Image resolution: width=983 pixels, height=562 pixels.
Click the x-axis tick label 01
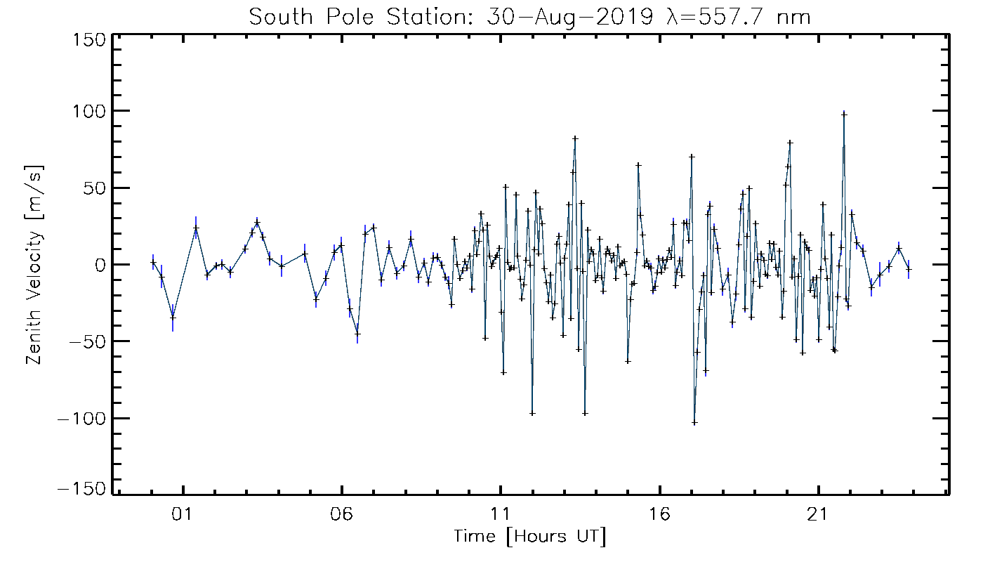pos(183,515)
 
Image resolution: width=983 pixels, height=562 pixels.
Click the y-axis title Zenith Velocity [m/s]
pos(33,265)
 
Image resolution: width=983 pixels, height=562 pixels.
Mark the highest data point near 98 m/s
pos(845,114)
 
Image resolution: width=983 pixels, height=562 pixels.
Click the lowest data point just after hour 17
pos(694,422)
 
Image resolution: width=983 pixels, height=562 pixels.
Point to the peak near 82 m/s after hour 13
pos(575,138)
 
